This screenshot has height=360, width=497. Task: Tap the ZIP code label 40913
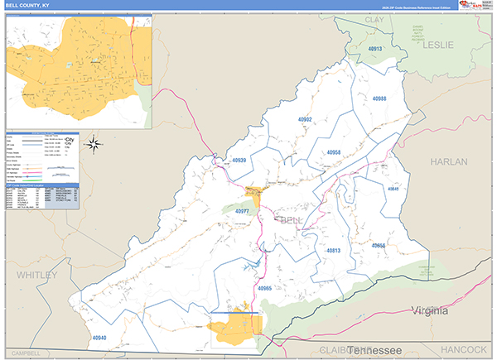point(374,50)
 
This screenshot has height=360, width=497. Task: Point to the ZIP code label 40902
point(304,119)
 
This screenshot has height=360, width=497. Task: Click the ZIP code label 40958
point(334,153)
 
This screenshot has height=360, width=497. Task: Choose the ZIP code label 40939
point(239,160)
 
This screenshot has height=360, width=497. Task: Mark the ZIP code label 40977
point(243,211)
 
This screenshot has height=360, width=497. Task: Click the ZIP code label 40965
point(264,287)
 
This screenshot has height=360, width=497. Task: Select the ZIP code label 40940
point(99,338)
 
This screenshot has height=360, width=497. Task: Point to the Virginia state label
point(427,311)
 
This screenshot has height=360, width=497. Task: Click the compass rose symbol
point(94,145)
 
